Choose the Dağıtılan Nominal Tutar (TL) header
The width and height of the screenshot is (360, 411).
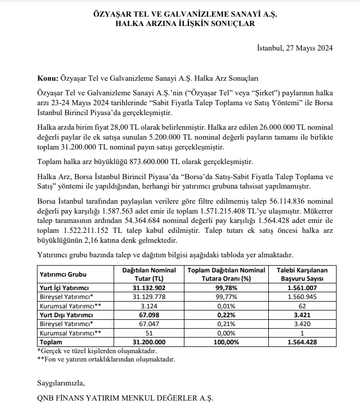tap(149, 274)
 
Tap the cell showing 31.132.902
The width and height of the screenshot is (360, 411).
tap(149, 288)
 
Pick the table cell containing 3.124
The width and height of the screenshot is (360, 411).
tap(149, 306)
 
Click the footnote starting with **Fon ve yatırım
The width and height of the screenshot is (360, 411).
tap(106, 359)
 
